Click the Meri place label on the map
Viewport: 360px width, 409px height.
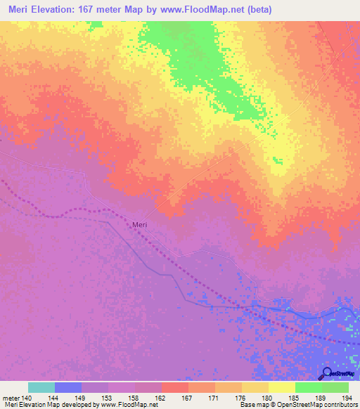click(x=140, y=225)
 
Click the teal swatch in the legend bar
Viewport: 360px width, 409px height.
click(x=41, y=387)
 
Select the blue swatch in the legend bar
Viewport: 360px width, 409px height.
click(x=68, y=387)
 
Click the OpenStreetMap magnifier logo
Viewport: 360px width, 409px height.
click(x=326, y=374)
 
